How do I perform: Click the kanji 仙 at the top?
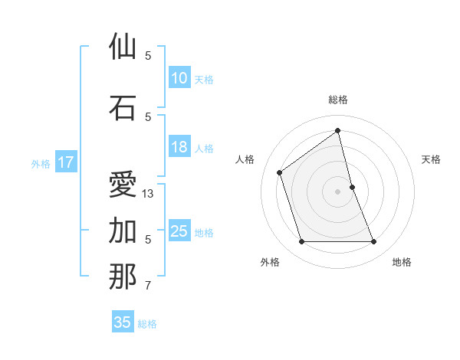pos(123,47)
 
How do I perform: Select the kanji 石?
pos(123,108)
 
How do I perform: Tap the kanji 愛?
pos(123,185)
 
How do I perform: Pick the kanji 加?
pos(123,231)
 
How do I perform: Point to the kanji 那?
pos(123,277)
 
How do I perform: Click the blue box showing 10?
pos(179,78)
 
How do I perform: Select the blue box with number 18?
pos(179,147)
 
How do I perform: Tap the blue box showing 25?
pos(179,231)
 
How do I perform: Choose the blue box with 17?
pos(66,162)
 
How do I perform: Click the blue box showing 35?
pos(123,322)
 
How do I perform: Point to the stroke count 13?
pos(148,194)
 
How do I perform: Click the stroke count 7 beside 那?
pos(148,286)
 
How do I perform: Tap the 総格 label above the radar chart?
pos(338,100)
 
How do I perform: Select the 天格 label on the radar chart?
pos(432,159)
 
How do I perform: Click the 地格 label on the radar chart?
pos(402,262)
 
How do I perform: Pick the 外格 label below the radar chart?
pos(270,262)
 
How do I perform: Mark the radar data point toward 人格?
pos(280,172)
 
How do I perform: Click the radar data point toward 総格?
pos(338,131)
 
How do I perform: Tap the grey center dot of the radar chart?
pos(338,191)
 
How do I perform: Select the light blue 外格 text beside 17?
pos(40,163)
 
